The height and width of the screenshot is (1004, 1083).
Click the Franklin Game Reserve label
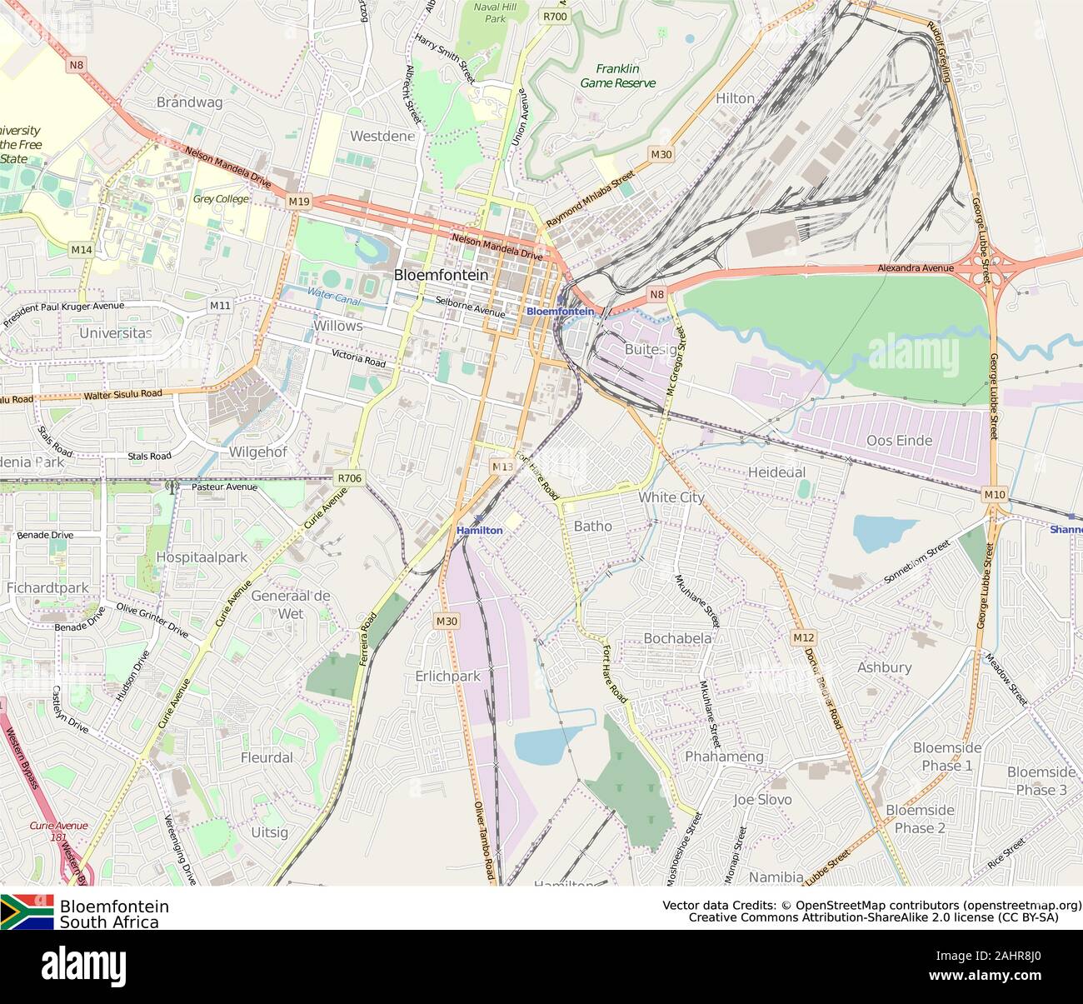click(617, 76)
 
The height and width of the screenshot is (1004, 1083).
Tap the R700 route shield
click(555, 16)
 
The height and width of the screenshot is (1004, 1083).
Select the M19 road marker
click(299, 202)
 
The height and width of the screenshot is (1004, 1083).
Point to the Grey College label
click(221, 199)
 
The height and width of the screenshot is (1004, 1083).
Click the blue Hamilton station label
click(479, 530)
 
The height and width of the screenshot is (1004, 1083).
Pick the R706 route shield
click(349, 477)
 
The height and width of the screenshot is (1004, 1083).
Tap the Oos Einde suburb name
click(899, 440)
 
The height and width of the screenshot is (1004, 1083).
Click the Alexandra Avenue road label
click(915, 268)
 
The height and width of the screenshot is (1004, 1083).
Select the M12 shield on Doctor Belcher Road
click(803, 637)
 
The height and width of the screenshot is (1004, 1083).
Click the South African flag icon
click(27, 912)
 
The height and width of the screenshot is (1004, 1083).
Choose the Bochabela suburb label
click(677, 638)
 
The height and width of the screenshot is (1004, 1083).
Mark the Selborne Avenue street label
click(471, 307)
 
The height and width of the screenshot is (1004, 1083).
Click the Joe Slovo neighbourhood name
click(762, 799)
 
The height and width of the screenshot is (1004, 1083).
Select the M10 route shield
click(994, 495)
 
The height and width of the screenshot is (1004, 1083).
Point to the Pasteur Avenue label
click(224, 487)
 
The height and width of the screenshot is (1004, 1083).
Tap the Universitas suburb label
click(116, 332)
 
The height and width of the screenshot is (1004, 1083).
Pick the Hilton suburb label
click(735, 98)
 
